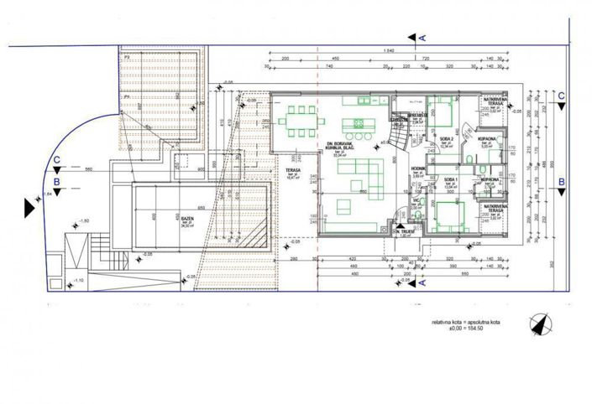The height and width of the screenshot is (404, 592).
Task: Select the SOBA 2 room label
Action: (446, 139)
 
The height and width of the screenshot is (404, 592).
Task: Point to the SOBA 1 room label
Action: (450, 179)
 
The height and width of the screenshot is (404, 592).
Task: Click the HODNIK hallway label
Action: (419, 171)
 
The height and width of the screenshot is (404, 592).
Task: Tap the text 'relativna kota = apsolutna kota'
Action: (466, 321)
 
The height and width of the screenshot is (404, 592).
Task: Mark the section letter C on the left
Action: (55, 158)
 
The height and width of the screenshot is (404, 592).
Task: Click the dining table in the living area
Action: (301, 124)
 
